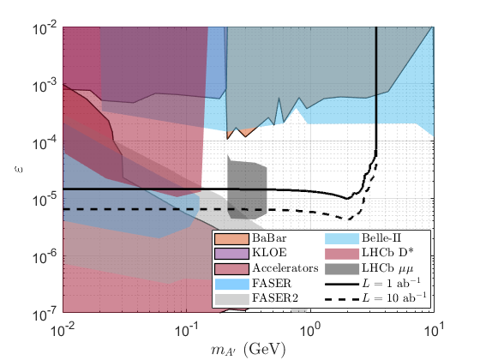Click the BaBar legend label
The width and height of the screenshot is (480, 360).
(x=269, y=238)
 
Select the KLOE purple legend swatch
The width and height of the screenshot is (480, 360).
(x=231, y=254)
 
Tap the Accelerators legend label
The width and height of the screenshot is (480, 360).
(x=285, y=268)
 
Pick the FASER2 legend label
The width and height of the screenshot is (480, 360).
(x=275, y=298)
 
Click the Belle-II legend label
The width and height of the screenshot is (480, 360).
(x=381, y=238)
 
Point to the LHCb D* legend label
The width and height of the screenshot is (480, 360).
(x=387, y=253)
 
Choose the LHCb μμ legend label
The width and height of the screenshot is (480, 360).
(x=387, y=268)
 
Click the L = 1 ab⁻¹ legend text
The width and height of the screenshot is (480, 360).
(x=391, y=283)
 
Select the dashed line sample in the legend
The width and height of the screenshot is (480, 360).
(x=342, y=299)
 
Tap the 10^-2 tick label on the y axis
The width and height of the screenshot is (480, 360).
(x=45, y=29)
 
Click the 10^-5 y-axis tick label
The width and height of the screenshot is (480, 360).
(x=45, y=201)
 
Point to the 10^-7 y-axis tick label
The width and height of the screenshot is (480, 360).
(x=45, y=315)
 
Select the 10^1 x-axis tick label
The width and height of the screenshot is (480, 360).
(x=434, y=330)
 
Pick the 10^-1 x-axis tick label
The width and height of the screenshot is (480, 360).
(x=186, y=330)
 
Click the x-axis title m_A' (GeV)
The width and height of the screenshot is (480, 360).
(x=248, y=350)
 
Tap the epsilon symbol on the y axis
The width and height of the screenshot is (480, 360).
(x=18, y=170)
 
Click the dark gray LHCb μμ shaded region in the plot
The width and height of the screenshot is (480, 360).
(x=247, y=189)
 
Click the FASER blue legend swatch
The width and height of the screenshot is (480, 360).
(x=231, y=284)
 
